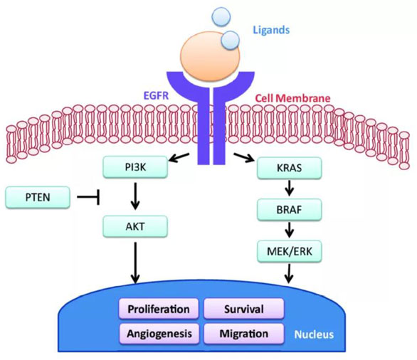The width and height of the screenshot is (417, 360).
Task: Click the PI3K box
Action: [135, 167]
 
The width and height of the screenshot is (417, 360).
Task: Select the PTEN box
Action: [38, 197]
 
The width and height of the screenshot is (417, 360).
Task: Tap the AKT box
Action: [135, 226]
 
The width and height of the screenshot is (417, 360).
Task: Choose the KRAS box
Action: [290, 168]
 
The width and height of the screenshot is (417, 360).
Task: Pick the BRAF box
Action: [290, 210]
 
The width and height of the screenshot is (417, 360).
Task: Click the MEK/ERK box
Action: [290, 252]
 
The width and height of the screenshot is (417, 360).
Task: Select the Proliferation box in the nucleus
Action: [159, 309]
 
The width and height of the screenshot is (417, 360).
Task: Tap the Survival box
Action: [244, 309]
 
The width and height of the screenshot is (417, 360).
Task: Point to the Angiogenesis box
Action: [159, 334]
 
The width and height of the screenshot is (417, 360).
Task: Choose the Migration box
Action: [244, 334]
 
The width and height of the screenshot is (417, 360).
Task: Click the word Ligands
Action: [271, 30]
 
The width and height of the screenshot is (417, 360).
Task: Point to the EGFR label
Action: [156, 95]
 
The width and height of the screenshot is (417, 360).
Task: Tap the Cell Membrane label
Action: [292, 98]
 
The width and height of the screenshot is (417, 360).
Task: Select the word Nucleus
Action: [314, 334]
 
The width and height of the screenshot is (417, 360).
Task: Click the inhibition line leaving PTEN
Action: [88, 197]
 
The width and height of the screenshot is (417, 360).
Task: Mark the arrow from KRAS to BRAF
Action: [290, 188]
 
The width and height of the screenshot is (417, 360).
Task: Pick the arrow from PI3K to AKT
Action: [135, 196]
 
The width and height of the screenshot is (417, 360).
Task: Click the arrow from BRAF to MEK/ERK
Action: [290, 230]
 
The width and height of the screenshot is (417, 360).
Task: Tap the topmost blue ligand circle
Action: [221, 16]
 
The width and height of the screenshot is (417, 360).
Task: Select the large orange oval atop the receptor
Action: [210, 56]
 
